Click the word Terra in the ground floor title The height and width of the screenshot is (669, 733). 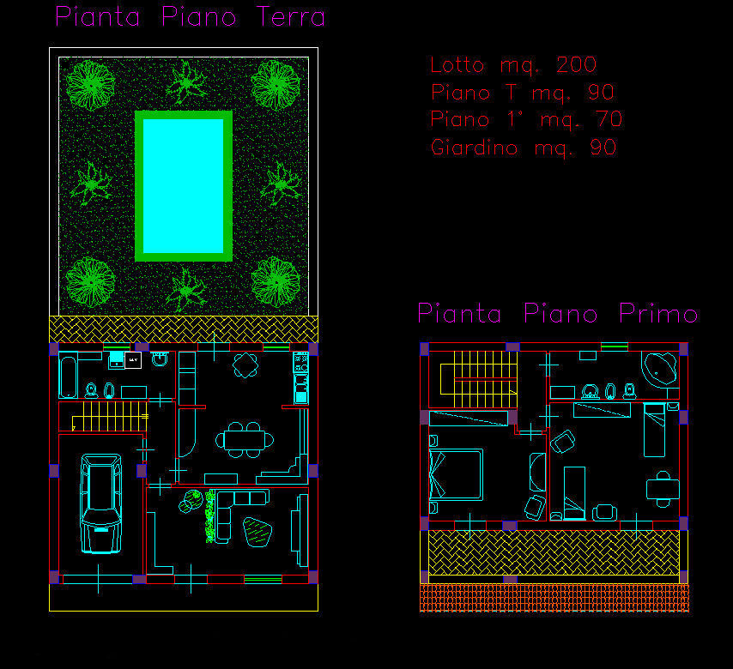290,17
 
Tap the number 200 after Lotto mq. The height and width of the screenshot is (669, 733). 577,64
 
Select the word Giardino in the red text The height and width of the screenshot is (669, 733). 474,148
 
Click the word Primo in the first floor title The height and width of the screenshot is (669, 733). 658,313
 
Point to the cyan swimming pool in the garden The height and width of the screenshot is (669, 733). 184,186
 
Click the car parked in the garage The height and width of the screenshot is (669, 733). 101,503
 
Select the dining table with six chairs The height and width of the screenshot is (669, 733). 245,440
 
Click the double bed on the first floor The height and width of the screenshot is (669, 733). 456,474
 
